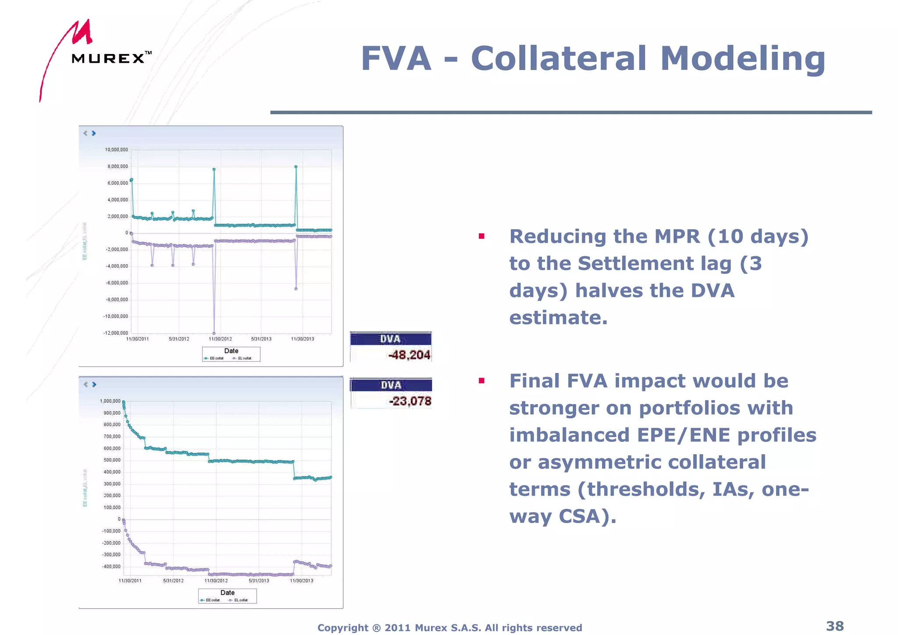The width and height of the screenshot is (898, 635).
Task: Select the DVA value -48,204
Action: click(x=409, y=355)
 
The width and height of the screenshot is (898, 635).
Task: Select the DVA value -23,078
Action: click(x=410, y=401)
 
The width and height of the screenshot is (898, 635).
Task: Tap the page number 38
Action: click(x=834, y=626)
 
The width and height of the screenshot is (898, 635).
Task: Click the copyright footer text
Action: click(x=449, y=628)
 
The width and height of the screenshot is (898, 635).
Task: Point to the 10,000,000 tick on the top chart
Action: click(x=116, y=150)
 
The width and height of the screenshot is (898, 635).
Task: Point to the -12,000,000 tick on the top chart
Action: click(x=115, y=333)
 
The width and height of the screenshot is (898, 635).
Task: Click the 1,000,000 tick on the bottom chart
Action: click(x=110, y=401)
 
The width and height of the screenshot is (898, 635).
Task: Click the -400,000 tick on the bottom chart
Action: click(x=111, y=567)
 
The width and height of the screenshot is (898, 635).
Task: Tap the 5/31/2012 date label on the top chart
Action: click(x=179, y=339)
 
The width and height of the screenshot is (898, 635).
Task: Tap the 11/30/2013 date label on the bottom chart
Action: click(x=302, y=581)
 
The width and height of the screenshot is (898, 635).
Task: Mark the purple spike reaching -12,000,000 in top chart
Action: click(x=214, y=333)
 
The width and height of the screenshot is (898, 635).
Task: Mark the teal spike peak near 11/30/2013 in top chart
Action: click(x=296, y=167)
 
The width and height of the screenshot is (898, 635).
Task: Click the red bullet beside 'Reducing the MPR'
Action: click(x=481, y=236)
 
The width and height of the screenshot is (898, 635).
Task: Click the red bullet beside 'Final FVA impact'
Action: click(x=481, y=380)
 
